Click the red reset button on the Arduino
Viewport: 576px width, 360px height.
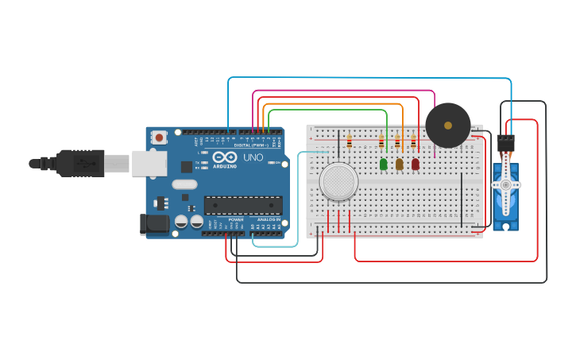coord(159,137)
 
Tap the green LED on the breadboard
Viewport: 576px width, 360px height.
coord(384,164)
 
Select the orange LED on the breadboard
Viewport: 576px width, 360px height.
coord(400,164)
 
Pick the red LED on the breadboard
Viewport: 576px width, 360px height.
coord(415,164)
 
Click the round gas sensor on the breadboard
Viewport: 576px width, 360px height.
coord(339,182)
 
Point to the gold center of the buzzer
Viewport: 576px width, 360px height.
coord(448,126)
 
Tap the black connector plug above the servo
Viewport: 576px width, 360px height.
coord(505,143)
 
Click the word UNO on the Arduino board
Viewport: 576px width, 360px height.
coord(253,157)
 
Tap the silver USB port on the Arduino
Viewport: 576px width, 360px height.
coord(149,163)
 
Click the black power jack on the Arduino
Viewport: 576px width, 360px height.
coord(154,224)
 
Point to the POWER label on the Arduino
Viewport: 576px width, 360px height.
coord(236,219)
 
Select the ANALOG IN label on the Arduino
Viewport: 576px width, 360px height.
coord(269,219)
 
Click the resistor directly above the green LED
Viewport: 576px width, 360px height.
coord(381,142)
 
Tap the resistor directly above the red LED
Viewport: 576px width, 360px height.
coord(413,142)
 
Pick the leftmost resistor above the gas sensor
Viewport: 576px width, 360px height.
coord(350,142)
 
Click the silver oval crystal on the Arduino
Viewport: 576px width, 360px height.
coord(184,184)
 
